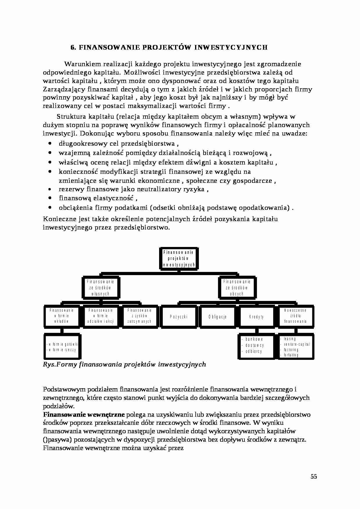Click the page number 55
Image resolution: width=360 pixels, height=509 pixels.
[x=314, y=476]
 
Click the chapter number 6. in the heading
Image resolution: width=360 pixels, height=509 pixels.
[x=73, y=48]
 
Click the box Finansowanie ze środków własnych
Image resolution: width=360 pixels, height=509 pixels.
[x=100, y=288]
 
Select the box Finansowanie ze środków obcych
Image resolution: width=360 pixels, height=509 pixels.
[x=237, y=288]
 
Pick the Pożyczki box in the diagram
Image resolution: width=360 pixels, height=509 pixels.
[x=179, y=317]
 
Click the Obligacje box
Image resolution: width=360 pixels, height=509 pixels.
[x=217, y=317]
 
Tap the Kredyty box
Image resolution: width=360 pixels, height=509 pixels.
[x=256, y=317]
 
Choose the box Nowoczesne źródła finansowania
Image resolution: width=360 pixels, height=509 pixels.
[x=295, y=316]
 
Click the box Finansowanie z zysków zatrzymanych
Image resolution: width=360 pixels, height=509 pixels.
[x=140, y=316]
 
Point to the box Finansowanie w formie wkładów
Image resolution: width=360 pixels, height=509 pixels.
[x=62, y=316]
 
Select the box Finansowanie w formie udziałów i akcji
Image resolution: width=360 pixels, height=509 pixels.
[x=100, y=316]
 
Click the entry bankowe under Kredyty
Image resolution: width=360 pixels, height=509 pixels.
[x=254, y=339]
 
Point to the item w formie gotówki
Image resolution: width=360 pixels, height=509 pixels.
[x=62, y=344]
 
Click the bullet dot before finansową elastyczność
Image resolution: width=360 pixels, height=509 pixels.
[x=51, y=198]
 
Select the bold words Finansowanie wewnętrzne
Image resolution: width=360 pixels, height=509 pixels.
[x=84, y=414]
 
